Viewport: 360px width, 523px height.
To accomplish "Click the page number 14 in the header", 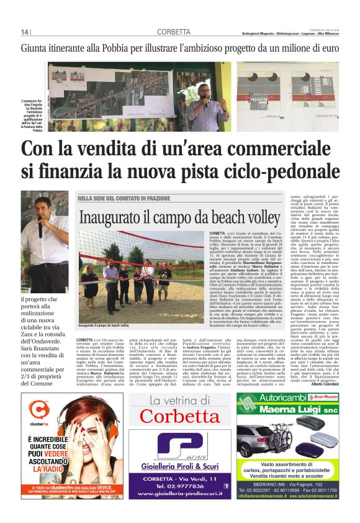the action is point(25,32).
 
